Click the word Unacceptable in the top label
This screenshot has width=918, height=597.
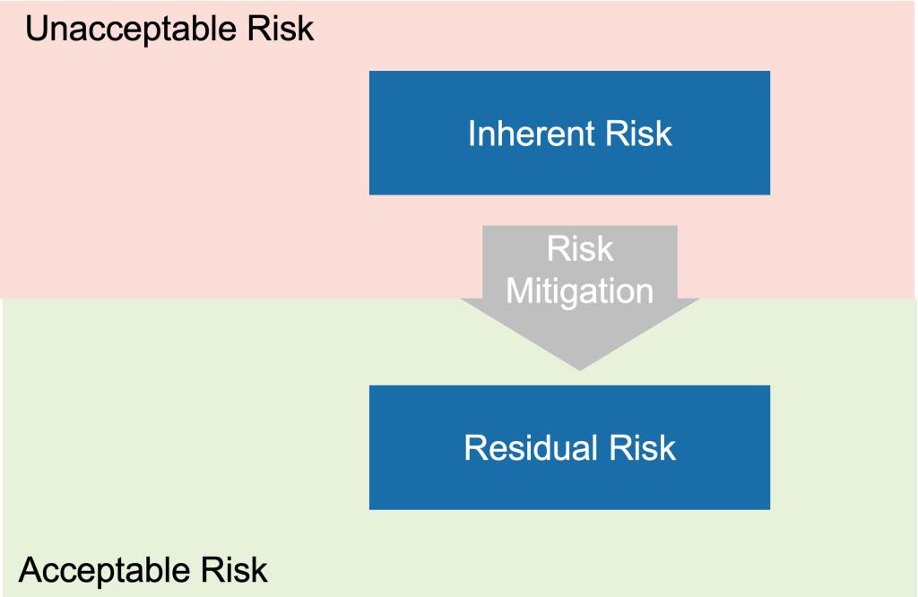tap(130, 30)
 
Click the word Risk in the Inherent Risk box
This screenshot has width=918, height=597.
tap(638, 134)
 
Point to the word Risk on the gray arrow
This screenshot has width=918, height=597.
tap(580, 249)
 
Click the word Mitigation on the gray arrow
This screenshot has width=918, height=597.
tap(580, 290)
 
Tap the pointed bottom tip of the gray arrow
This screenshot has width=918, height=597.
tap(580, 368)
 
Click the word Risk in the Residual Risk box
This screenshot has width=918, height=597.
tap(642, 447)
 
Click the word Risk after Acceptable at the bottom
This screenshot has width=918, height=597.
tap(236, 570)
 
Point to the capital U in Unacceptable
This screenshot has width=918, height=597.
tap(36, 30)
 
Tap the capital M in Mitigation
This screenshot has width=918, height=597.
tap(520, 290)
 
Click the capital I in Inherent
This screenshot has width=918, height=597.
tap(472, 134)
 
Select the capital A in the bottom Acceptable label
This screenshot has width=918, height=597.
tap(30, 570)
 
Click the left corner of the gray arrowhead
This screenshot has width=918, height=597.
tap(463, 300)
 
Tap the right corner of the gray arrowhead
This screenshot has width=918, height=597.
tap(697, 300)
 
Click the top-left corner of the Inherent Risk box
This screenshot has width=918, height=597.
tap(370, 72)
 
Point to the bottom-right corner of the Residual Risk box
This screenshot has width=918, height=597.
tap(769, 508)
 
